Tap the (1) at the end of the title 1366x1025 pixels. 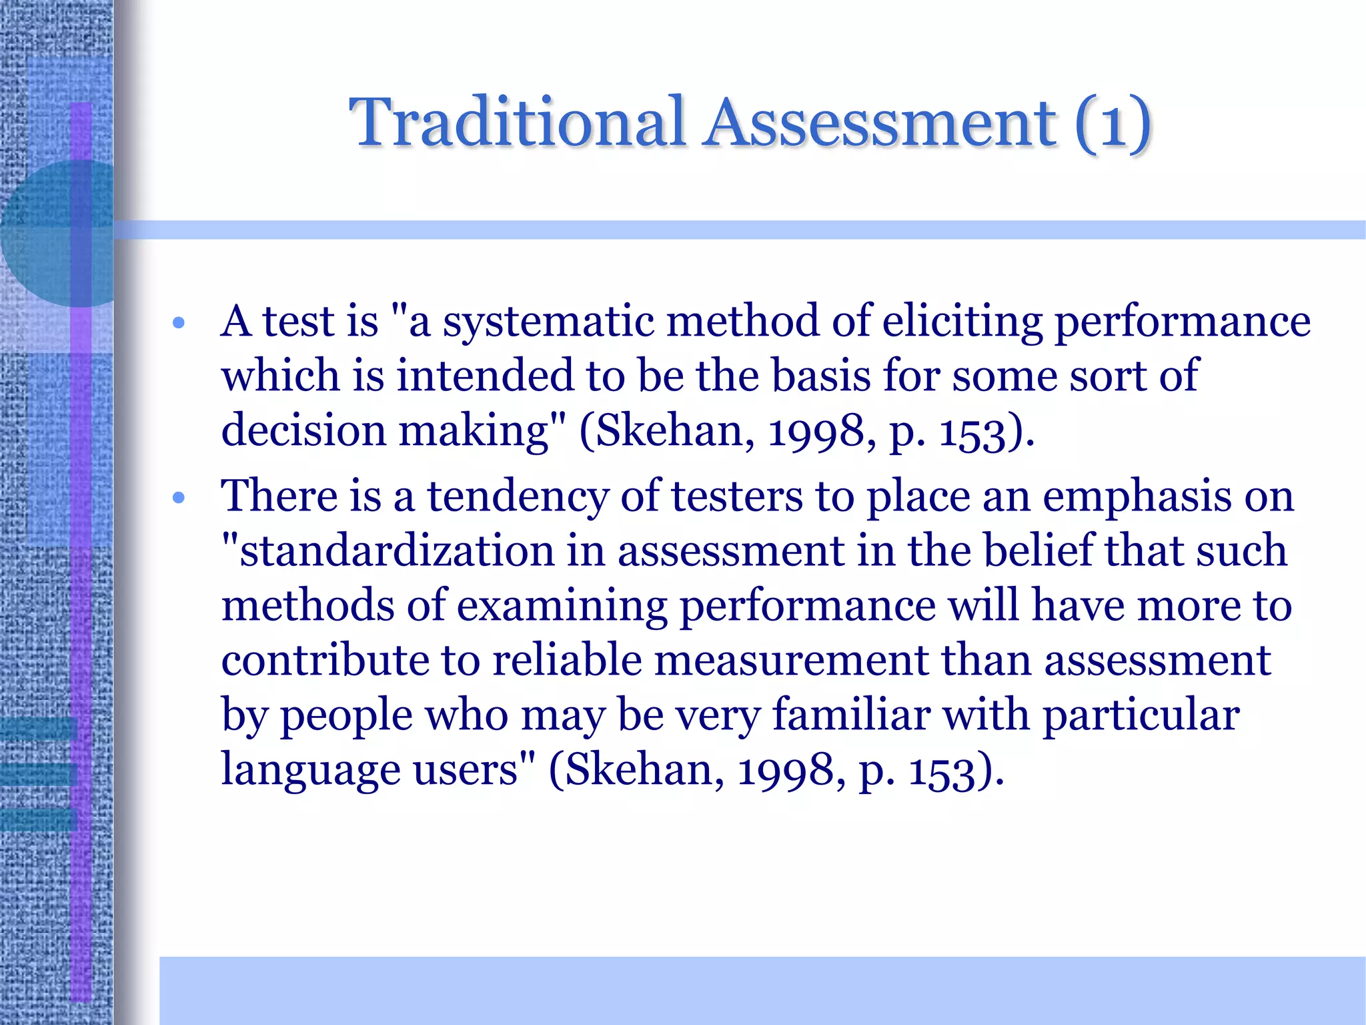click(x=1113, y=123)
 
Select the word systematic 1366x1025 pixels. click(x=549, y=322)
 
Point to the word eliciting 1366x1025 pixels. click(x=962, y=322)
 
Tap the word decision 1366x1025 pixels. click(x=303, y=430)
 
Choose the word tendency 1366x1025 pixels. click(x=518, y=497)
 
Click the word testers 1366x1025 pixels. click(x=736, y=497)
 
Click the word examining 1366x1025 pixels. click(x=562, y=607)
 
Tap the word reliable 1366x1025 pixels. click(x=567, y=661)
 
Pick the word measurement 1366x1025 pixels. click(x=791, y=661)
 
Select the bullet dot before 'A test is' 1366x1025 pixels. click(x=178, y=324)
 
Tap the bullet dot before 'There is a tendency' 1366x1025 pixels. click(x=178, y=498)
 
